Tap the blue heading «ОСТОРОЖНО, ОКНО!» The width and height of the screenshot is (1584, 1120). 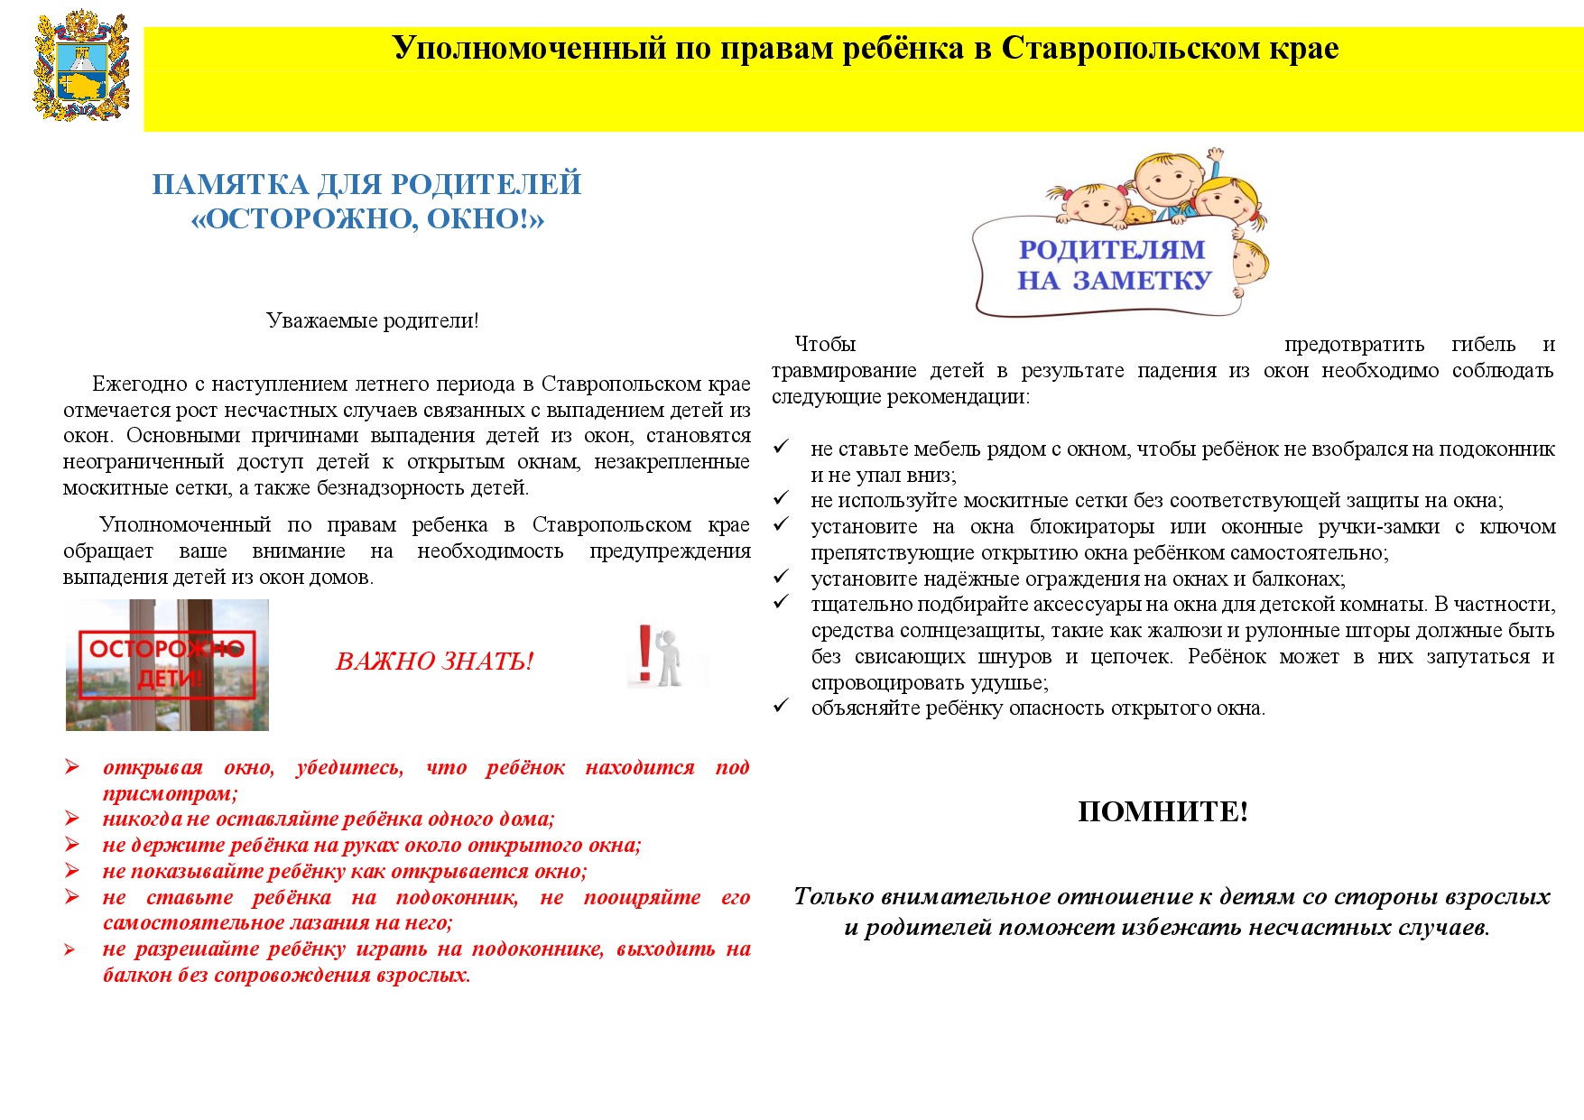coord(367,219)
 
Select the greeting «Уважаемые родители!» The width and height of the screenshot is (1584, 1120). coord(372,320)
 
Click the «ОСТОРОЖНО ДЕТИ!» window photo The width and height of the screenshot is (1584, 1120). coord(167,664)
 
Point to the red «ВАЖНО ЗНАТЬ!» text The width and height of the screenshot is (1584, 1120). coord(434,662)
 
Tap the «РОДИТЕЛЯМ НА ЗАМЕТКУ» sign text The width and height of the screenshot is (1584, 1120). coord(1112,264)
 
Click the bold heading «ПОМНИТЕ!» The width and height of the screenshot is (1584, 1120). coord(1163,811)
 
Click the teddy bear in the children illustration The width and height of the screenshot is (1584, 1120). coord(1139,217)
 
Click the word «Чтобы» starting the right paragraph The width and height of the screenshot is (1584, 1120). coord(824,345)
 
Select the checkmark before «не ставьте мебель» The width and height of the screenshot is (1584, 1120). coord(781,447)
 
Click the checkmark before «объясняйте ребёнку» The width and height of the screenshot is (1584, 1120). coord(781,706)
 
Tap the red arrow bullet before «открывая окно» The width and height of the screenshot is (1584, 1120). coord(72,767)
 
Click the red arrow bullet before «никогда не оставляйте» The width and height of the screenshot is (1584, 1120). coord(72,819)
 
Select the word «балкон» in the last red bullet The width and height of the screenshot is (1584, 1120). coord(130,976)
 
